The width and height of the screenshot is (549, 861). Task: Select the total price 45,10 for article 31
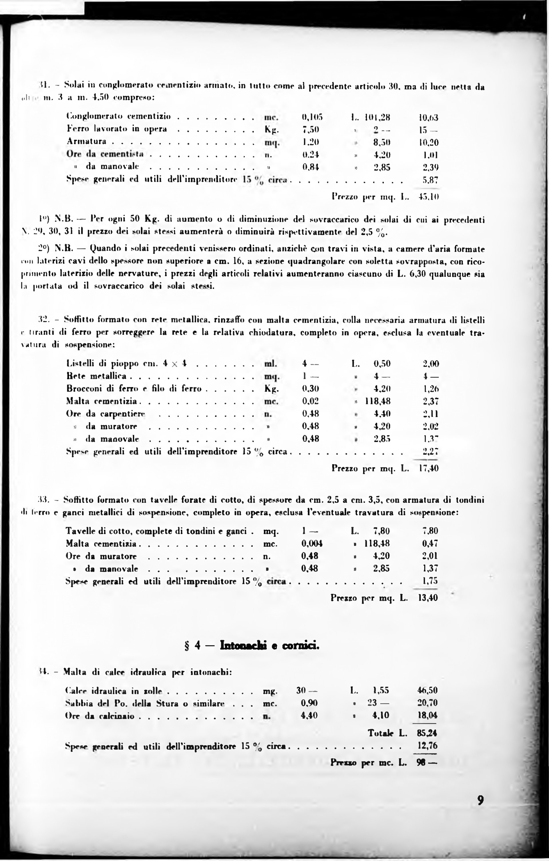point(429,196)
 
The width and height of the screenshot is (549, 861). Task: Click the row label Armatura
point(87,141)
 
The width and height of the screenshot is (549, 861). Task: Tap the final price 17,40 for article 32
point(428,468)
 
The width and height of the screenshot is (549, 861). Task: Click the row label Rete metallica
point(97,376)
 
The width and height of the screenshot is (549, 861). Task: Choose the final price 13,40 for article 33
point(428,598)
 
